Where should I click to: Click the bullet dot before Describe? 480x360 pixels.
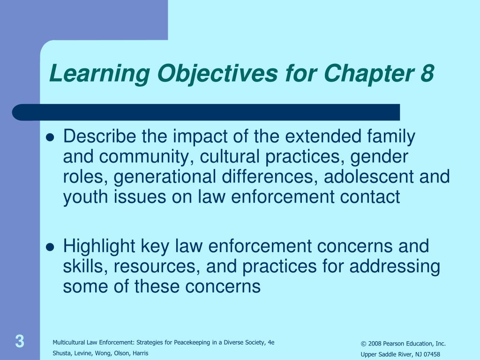(51, 138)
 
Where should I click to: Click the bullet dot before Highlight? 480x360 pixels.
(51, 247)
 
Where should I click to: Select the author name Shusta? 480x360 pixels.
(62, 353)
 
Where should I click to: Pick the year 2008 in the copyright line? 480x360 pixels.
(374, 344)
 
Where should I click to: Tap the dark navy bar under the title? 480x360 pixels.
(206, 112)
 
